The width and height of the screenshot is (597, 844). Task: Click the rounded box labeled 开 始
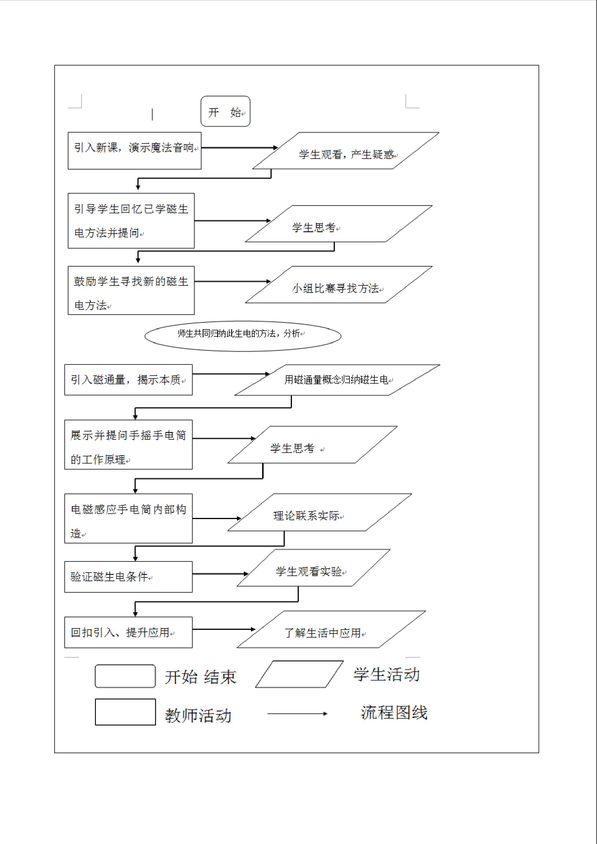coord(225,111)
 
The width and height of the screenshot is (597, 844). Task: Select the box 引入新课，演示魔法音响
coord(135,151)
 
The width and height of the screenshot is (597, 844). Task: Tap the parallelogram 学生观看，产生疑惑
coord(345,151)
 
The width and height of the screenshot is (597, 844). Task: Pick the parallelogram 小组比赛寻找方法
coord(338,285)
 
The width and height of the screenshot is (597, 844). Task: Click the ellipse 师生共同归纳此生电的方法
coord(243,336)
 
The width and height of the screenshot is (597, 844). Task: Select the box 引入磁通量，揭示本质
coord(128,380)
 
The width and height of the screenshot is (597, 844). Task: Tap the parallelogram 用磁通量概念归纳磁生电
coord(337,380)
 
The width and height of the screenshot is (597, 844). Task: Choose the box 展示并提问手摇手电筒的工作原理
coord(128,445)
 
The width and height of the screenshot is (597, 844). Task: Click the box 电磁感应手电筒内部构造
coord(128,518)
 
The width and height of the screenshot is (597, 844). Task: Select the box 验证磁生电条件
coord(128,577)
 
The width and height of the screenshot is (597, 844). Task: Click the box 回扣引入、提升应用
coord(128,632)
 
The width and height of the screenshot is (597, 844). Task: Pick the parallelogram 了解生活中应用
coord(331,630)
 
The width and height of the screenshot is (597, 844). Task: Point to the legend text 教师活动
coord(198,716)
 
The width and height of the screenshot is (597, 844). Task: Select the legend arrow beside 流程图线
coord(297,714)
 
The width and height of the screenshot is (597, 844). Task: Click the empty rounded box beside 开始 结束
coord(125,676)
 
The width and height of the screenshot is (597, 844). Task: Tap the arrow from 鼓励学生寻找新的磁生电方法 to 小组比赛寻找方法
coord(232,282)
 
